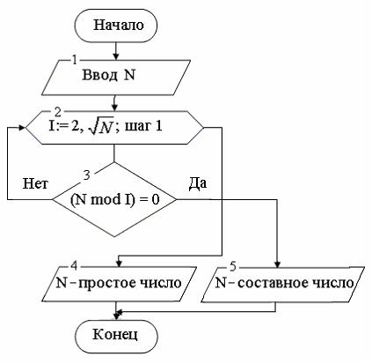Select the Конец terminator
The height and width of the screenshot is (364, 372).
pyautogui.click(x=118, y=335)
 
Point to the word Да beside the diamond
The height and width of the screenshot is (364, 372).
pyautogui.click(x=198, y=184)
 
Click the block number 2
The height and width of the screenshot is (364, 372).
pyautogui.click(x=58, y=113)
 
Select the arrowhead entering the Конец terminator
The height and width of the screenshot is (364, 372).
pyautogui.click(x=118, y=316)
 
